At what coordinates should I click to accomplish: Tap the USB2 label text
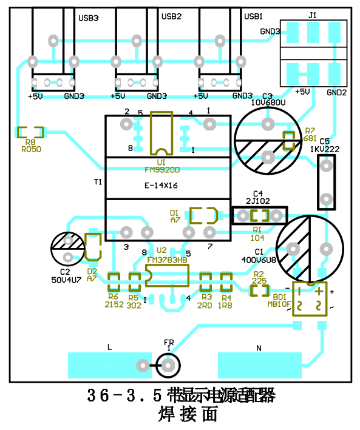171,16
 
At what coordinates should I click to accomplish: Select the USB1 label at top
253,16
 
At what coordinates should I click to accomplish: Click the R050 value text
31,149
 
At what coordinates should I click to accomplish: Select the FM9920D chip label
162,170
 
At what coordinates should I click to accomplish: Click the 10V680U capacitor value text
268,103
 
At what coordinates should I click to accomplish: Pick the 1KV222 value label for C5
324,149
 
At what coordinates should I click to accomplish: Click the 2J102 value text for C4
258,200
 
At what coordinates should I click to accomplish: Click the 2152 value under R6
114,305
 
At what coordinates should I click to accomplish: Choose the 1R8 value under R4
226,305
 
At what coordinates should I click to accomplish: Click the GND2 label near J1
336,92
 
